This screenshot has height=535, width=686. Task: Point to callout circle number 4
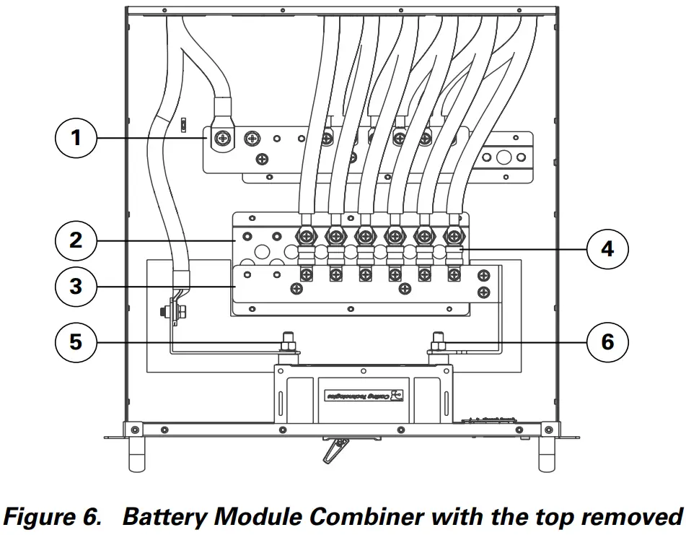[x=607, y=248]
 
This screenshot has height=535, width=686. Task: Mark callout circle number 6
[x=607, y=341]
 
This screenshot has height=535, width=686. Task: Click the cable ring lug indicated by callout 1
[x=224, y=136]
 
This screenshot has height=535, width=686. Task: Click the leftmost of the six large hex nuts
[x=305, y=235]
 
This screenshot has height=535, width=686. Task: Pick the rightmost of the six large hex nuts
[x=453, y=235]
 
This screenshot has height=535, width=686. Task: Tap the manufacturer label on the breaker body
[x=365, y=396]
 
